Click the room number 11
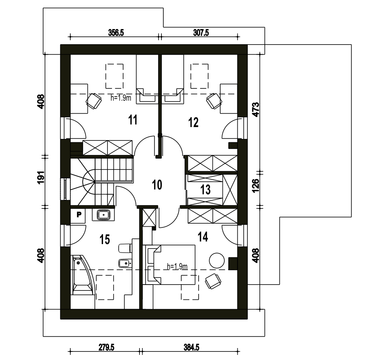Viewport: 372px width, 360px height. (x=133, y=120)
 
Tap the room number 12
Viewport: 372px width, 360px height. (x=193, y=123)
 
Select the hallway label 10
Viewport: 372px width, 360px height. (x=157, y=185)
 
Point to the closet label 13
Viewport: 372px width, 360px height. (x=205, y=189)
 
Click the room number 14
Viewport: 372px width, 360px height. (x=203, y=237)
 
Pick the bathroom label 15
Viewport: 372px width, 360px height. (x=105, y=239)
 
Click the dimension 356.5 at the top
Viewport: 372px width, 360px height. (x=116, y=32)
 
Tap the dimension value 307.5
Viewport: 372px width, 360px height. (x=201, y=32)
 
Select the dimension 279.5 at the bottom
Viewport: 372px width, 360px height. (x=106, y=347)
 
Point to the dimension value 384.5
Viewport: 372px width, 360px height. (x=192, y=347)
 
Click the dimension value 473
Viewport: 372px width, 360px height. (x=256, y=110)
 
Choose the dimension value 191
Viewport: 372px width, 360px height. (x=41, y=177)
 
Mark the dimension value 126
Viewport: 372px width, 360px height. (x=256, y=186)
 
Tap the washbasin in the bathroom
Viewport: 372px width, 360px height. (x=104, y=215)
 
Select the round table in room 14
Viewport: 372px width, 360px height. (x=217, y=260)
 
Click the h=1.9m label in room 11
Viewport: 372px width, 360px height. (x=121, y=98)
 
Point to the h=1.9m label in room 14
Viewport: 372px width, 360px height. (x=177, y=267)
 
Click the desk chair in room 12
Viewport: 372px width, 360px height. (x=214, y=101)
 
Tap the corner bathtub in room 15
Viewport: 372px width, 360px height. (x=82, y=275)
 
